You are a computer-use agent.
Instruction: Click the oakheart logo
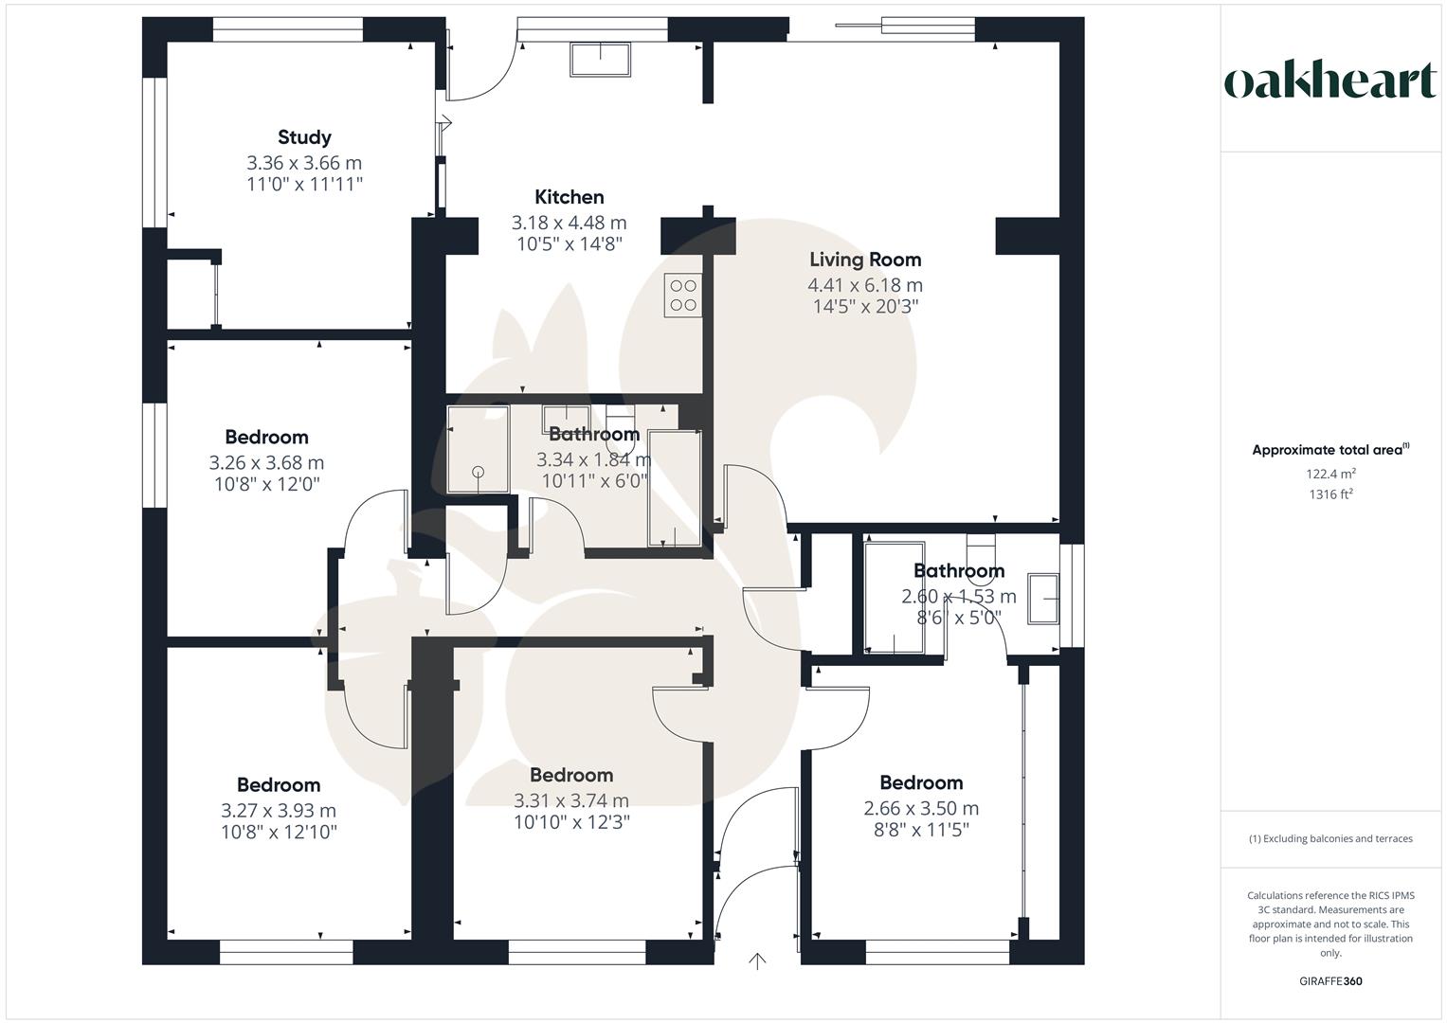coord(1329,81)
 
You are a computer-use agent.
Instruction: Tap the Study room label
coord(304,137)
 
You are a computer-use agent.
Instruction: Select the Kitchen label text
coord(569,197)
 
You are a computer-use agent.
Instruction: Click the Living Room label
coord(864,260)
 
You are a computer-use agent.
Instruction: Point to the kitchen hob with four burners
coord(682,295)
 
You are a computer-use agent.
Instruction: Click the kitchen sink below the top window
coord(600,59)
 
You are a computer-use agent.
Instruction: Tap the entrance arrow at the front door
coord(757,961)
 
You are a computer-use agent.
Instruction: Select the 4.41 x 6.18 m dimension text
coord(864,285)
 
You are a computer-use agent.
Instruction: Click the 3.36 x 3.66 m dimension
coord(304,163)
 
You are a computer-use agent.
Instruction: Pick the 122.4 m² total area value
coord(1330,474)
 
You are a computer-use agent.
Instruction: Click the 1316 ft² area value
coord(1330,494)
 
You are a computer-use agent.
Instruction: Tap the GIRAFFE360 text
coord(1330,981)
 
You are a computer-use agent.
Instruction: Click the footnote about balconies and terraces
coord(1330,838)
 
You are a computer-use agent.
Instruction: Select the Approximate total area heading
coord(1330,450)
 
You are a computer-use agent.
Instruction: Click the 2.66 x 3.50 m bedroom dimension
coord(921,808)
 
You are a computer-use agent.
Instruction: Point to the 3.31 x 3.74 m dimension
coord(570,800)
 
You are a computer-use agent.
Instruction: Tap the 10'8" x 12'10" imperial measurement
coord(279,833)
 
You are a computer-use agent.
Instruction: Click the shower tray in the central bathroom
coord(478,450)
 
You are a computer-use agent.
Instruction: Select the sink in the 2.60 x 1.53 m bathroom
coord(1043,599)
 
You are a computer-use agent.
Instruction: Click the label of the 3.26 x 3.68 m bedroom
coord(266,438)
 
